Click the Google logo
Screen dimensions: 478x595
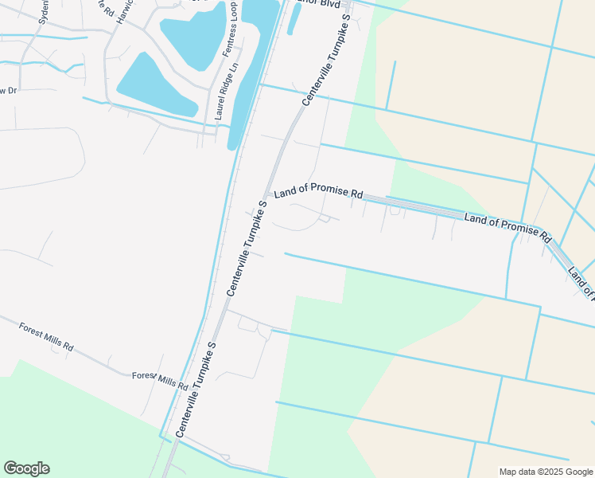coord(26,468)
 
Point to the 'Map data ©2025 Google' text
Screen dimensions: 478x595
coord(546,472)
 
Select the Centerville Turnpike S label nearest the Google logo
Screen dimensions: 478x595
coord(196,390)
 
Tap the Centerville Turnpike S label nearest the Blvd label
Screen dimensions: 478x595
coord(325,60)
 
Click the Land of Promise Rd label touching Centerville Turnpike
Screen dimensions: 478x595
coord(318,194)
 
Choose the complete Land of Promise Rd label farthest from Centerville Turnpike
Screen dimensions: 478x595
coord(508,227)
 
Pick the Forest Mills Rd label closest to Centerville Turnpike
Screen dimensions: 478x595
coord(160,381)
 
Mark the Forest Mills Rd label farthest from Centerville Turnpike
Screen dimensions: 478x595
coord(46,336)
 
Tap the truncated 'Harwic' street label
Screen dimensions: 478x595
coord(122,11)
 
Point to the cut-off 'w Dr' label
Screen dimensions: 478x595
coord(8,91)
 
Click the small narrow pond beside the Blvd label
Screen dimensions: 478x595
coord(292,21)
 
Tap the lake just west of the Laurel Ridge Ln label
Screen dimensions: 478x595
coord(155,85)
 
